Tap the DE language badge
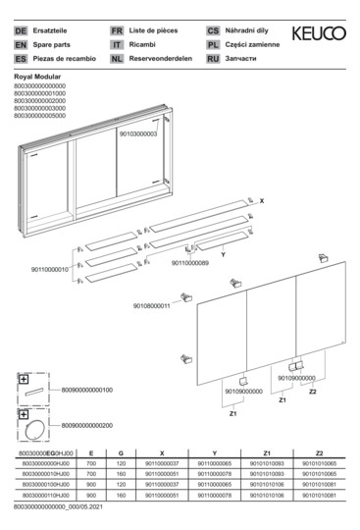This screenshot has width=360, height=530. pyautogui.click(x=21, y=31)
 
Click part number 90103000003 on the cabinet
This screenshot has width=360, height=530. pyautogui.click(x=137, y=133)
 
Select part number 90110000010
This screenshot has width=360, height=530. pyautogui.click(x=50, y=269)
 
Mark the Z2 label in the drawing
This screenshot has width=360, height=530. pyautogui.click(x=312, y=392)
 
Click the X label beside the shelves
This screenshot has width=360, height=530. pyautogui.click(x=262, y=200)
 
